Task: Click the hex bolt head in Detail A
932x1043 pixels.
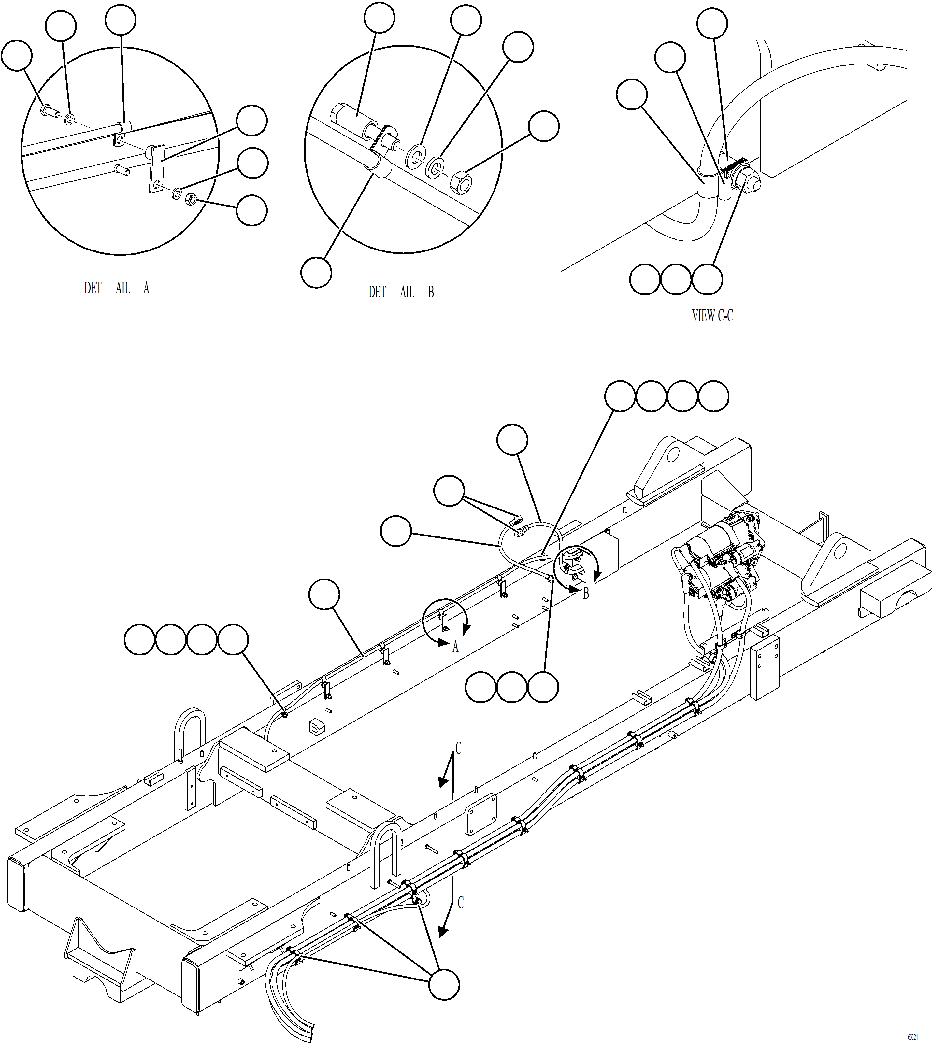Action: [46, 109]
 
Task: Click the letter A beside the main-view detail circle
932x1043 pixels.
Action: [455, 647]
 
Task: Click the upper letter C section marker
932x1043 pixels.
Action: [458, 749]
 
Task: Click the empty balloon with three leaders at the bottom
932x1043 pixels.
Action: [443, 984]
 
